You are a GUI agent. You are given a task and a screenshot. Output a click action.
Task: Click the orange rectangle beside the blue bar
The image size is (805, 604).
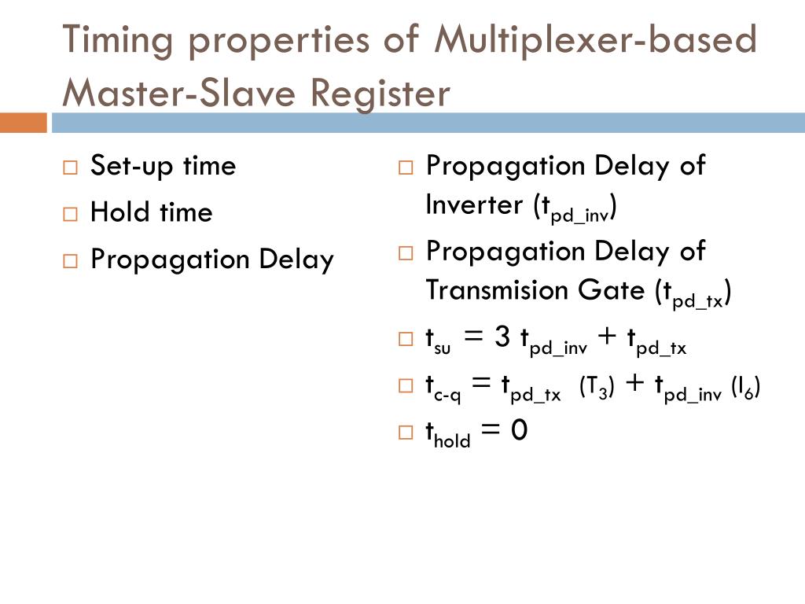pos(24,123)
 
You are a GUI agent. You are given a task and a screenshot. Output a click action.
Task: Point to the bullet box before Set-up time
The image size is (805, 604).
pos(71,167)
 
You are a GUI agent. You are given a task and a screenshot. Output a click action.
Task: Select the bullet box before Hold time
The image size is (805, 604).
pos(71,214)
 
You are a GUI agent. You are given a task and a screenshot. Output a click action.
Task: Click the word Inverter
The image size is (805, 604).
pos(473,204)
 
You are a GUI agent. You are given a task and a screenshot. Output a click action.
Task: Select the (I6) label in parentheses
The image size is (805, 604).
pos(745,387)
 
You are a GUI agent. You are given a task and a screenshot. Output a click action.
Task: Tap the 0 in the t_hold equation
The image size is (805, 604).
pos(518,430)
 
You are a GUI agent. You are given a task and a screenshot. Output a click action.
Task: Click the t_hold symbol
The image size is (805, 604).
pos(447,433)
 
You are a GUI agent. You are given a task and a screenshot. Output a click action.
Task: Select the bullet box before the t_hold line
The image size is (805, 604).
pos(406,432)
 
